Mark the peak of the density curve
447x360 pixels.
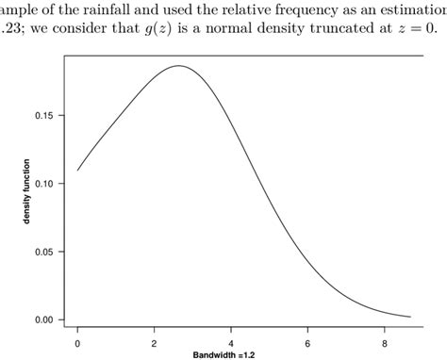177,66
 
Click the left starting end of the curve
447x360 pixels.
78,170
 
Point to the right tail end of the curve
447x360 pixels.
410,317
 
